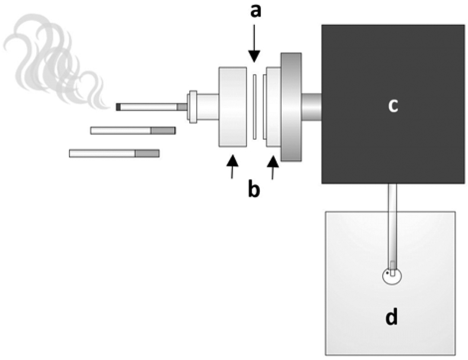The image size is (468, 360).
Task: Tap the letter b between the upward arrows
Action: tap(254, 192)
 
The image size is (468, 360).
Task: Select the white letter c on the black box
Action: tap(392, 106)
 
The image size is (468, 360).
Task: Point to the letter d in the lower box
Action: tap(391, 318)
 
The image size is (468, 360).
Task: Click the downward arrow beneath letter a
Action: tap(254, 47)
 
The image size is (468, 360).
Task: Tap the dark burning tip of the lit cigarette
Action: tap(118, 107)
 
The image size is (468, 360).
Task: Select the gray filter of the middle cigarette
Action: tap(163, 130)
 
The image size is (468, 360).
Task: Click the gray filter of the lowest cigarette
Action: tap(147, 154)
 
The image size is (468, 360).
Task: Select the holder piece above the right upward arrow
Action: tap(273, 107)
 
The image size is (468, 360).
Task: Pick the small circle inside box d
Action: tap(391, 276)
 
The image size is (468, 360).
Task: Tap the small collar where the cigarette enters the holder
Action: tap(192, 107)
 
